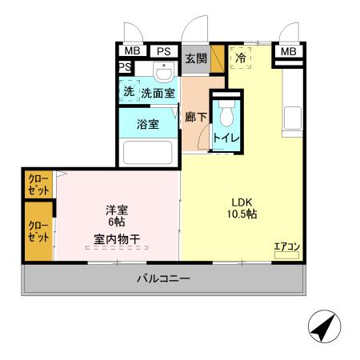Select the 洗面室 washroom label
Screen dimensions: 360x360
pos(158,94)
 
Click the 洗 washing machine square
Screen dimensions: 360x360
pos(129,92)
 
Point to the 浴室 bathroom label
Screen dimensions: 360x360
pos(147,125)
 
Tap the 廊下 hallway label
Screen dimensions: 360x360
pos(195,117)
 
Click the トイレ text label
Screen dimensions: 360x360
pos(224,138)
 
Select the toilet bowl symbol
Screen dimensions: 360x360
pos(225,116)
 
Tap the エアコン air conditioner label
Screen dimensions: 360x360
pos(286,246)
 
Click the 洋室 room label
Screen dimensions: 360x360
pos(117,210)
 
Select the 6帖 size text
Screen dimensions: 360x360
pos(117,222)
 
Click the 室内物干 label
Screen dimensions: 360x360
pos(117,238)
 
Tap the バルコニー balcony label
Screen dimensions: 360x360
pos(162,279)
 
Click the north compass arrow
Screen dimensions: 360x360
pos(324,326)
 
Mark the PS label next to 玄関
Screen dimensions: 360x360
pos(163,52)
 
